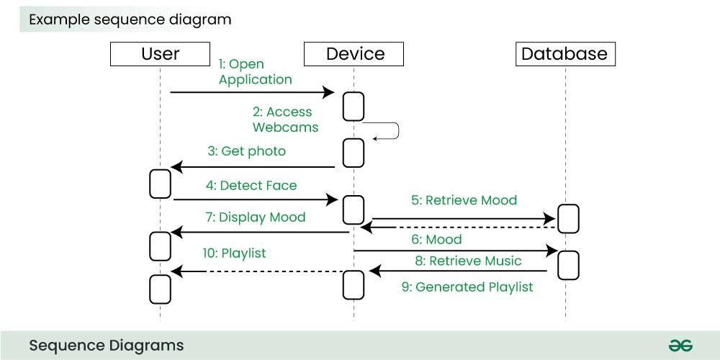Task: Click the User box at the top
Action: [161, 54]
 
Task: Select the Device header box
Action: [355, 54]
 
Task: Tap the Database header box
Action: [564, 54]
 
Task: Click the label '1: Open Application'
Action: [255, 72]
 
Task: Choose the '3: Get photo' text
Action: [246, 151]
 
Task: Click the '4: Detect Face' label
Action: [251, 186]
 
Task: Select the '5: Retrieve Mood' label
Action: [464, 200]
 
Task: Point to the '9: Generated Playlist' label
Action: [467, 287]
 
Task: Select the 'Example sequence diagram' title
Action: [130, 20]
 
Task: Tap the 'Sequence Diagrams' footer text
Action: [106, 346]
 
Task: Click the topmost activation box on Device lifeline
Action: [353, 107]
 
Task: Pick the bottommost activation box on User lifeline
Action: [159, 289]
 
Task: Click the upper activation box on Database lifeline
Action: [567, 218]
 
